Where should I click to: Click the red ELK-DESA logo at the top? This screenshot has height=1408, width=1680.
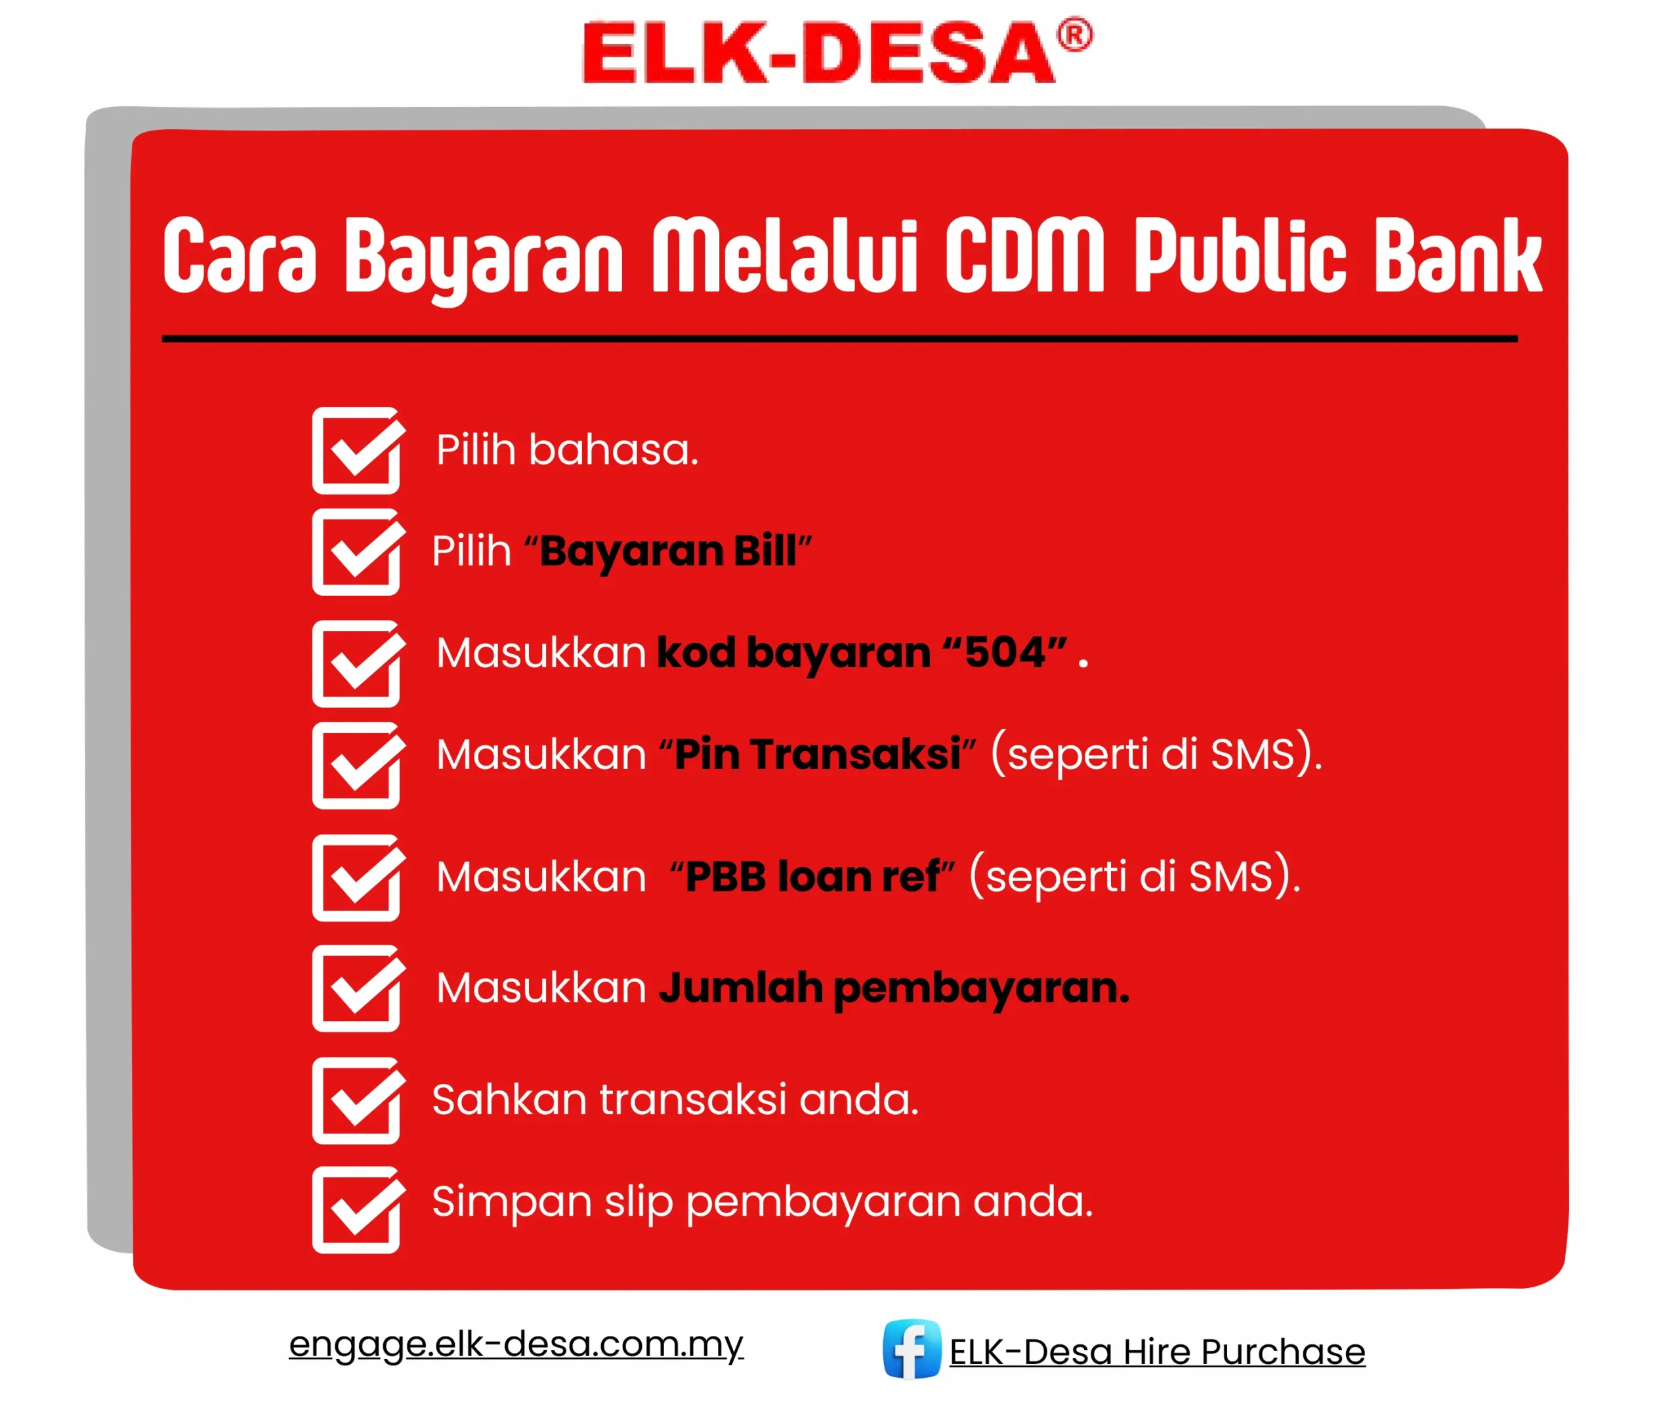tap(837, 51)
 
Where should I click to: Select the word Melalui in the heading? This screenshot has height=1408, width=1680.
tap(784, 255)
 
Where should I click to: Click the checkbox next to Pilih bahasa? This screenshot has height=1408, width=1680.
tap(358, 450)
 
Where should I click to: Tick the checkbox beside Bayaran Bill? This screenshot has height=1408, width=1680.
tap(358, 552)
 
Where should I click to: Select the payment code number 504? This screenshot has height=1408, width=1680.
tap(1005, 652)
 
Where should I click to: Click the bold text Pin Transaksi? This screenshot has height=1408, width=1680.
tap(817, 754)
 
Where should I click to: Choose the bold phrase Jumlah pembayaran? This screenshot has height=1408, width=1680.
tap(894, 989)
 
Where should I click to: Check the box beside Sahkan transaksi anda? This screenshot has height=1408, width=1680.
tap(358, 1101)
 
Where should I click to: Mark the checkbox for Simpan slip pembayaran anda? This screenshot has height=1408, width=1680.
tap(358, 1211)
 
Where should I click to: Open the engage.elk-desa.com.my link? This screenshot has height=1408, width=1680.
tap(516, 1344)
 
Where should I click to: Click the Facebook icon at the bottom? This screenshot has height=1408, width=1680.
tap(912, 1350)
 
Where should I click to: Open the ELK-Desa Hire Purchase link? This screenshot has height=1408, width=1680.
tap(1157, 1352)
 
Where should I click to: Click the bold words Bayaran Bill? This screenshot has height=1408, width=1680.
tap(668, 551)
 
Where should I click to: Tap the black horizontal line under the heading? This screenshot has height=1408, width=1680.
tap(840, 339)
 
